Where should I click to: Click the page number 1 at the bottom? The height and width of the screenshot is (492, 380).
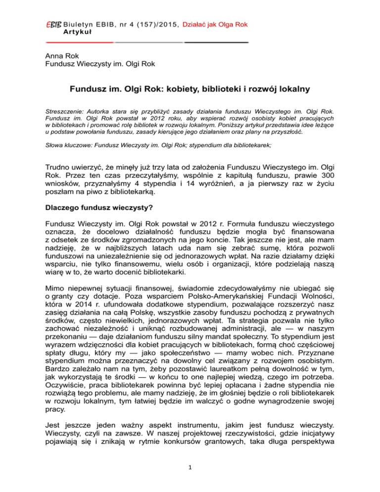[190, 481]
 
